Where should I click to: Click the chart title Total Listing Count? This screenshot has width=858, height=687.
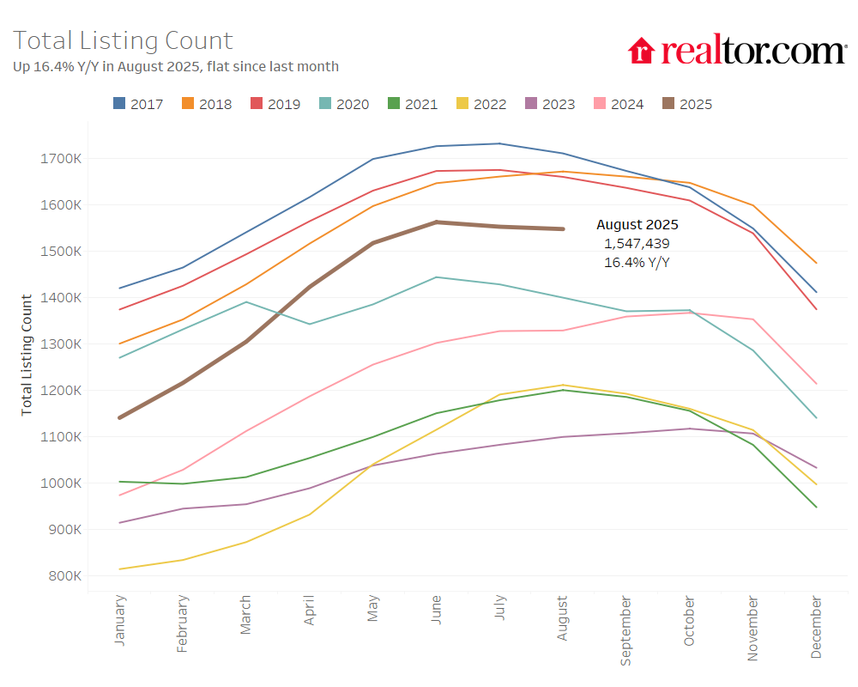click(x=123, y=40)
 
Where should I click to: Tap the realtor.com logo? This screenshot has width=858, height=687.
click(x=737, y=51)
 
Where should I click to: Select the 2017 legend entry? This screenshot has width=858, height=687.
click(x=138, y=104)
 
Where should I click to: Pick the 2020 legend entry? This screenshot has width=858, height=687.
click(x=344, y=104)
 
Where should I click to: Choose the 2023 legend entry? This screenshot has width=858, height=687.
click(x=550, y=104)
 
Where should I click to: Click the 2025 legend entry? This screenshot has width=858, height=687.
click(x=687, y=104)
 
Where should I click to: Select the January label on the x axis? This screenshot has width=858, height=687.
click(x=119, y=619)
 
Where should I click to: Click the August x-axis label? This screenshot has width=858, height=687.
click(x=563, y=617)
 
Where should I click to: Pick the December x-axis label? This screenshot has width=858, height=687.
click(x=816, y=628)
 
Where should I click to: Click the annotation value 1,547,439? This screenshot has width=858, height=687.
click(x=637, y=244)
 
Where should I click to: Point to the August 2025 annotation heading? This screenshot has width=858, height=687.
click(x=637, y=225)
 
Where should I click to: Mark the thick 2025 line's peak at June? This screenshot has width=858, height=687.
click(x=437, y=222)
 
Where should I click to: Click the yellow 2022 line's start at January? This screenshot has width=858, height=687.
click(x=120, y=569)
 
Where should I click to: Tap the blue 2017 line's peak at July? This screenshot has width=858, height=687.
click(x=499, y=143)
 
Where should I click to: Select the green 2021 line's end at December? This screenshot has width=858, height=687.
click(x=816, y=508)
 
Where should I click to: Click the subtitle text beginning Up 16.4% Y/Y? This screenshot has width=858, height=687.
click(x=176, y=67)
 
